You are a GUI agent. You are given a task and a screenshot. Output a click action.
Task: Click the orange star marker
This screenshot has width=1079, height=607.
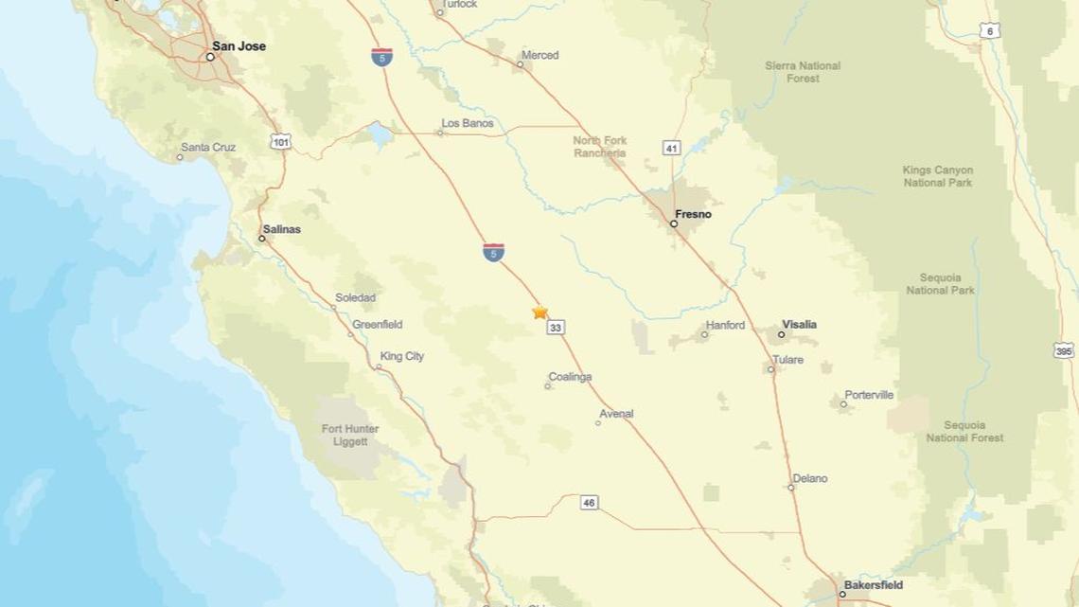tap(540, 312)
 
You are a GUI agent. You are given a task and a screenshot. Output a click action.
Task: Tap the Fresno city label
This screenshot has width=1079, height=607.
tap(694, 214)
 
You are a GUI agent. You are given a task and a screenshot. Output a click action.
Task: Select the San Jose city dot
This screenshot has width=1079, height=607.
tap(210, 57)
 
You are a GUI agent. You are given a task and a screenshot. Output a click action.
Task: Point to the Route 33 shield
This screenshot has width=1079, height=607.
tap(556, 328)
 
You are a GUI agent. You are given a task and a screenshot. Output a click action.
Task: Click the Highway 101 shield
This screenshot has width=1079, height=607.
tap(281, 142)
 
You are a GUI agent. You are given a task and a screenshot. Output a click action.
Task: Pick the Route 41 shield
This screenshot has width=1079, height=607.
tap(672, 148)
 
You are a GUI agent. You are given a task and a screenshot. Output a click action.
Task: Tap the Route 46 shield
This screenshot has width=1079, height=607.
tap(589, 503)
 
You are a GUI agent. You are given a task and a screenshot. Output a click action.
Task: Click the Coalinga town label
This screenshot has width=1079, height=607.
tap(571, 377)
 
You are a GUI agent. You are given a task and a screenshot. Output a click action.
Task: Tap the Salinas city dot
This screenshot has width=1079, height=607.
tap(262, 239)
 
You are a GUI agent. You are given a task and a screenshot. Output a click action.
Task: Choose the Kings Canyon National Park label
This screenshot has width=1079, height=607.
tap(937, 176)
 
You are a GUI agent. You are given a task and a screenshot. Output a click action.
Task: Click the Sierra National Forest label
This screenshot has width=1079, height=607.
tap(802, 72)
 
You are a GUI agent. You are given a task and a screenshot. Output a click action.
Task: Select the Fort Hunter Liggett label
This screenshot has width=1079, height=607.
tap(350, 436)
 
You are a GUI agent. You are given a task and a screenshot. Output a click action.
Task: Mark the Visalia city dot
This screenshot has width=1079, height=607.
tap(782, 334)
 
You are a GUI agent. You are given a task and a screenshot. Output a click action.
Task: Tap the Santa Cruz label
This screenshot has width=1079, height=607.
tap(208, 148)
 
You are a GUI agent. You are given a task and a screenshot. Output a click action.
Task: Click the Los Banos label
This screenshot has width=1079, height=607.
tap(468, 123)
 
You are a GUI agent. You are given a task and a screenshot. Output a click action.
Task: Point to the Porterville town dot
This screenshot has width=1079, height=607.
tap(844, 404)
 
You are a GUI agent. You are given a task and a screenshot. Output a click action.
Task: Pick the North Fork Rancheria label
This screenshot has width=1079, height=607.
tap(600, 147)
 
